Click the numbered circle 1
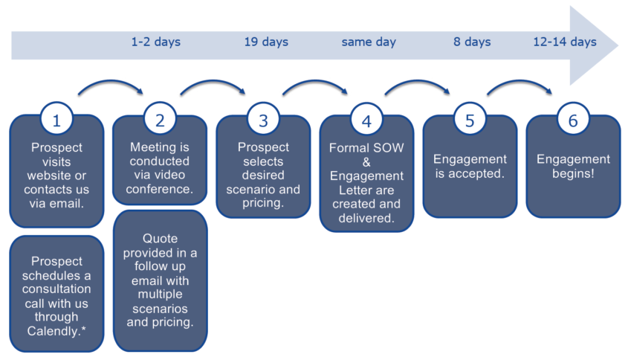coord(57,119)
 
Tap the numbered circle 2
coord(160,119)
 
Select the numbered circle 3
coord(263,119)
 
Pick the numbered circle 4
coord(366,119)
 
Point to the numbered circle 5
coord(470,119)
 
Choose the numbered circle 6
coord(572,119)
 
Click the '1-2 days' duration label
coord(156,42)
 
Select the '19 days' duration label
coord(266,42)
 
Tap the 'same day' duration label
coord(369,42)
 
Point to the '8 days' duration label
coord(472,42)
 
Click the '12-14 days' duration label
coord(565,42)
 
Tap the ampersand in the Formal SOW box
coord(366,161)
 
